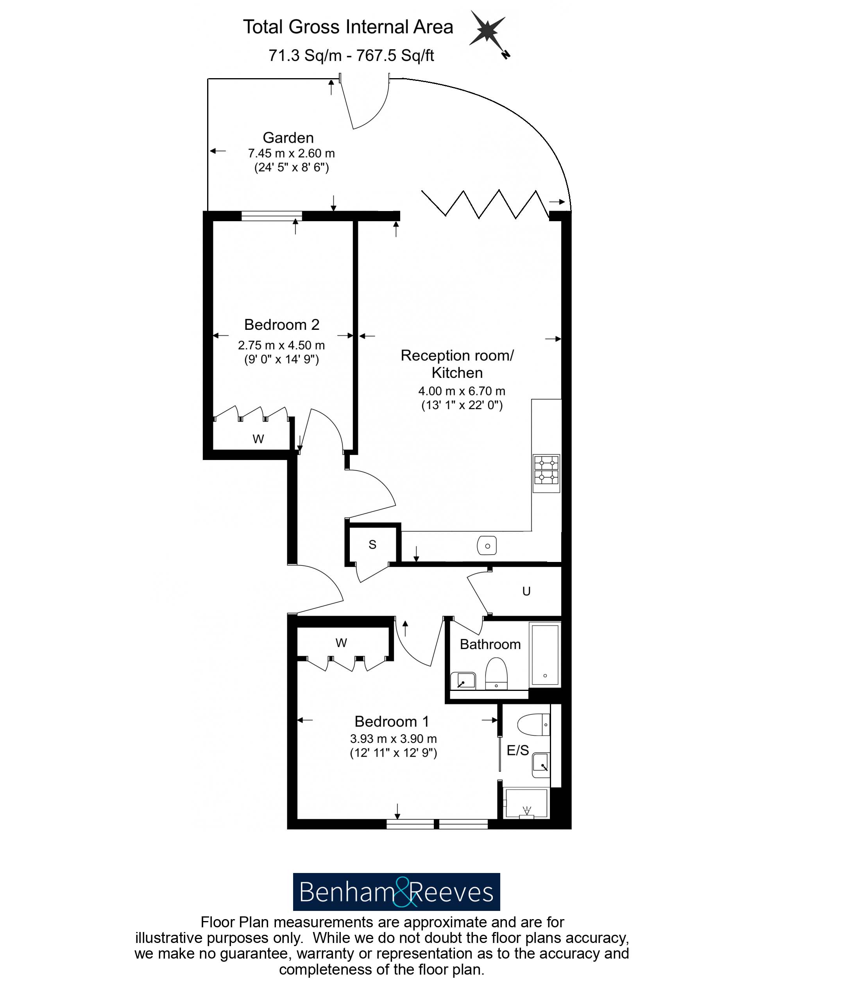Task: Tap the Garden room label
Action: [x=288, y=138]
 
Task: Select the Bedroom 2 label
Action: [x=281, y=324]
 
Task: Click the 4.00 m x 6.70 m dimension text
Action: [x=462, y=391]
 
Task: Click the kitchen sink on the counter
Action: [x=487, y=546]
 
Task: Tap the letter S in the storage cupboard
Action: [x=372, y=545]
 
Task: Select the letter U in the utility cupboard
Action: [x=526, y=592]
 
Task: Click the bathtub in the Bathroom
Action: [x=545, y=654]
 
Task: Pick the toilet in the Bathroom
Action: [x=496, y=673]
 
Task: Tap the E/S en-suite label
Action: [x=517, y=750]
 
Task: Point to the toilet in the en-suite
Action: [x=534, y=725]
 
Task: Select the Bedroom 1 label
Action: [x=391, y=721]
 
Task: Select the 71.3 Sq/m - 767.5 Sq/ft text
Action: [x=351, y=55]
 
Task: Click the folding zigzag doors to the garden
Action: [x=485, y=204]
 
